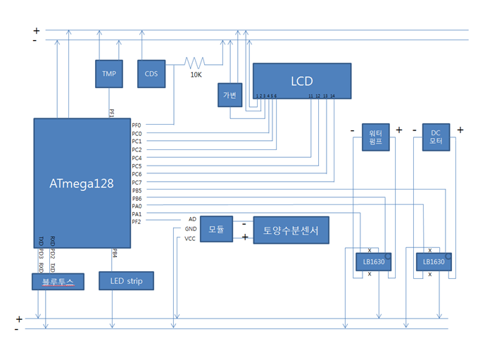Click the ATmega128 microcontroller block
point(82,183)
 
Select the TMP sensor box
point(109,74)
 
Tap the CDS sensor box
point(151,74)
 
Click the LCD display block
point(301,81)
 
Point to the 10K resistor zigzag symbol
point(194,62)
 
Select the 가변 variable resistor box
point(230,95)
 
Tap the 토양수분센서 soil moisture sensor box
point(291,230)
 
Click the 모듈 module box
point(215,230)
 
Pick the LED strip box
point(126,281)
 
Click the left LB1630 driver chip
point(374,262)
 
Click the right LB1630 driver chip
point(433,262)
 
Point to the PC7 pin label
point(137,182)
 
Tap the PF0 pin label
point(137,125)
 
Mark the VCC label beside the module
point(190,239)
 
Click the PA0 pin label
point(137,206)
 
